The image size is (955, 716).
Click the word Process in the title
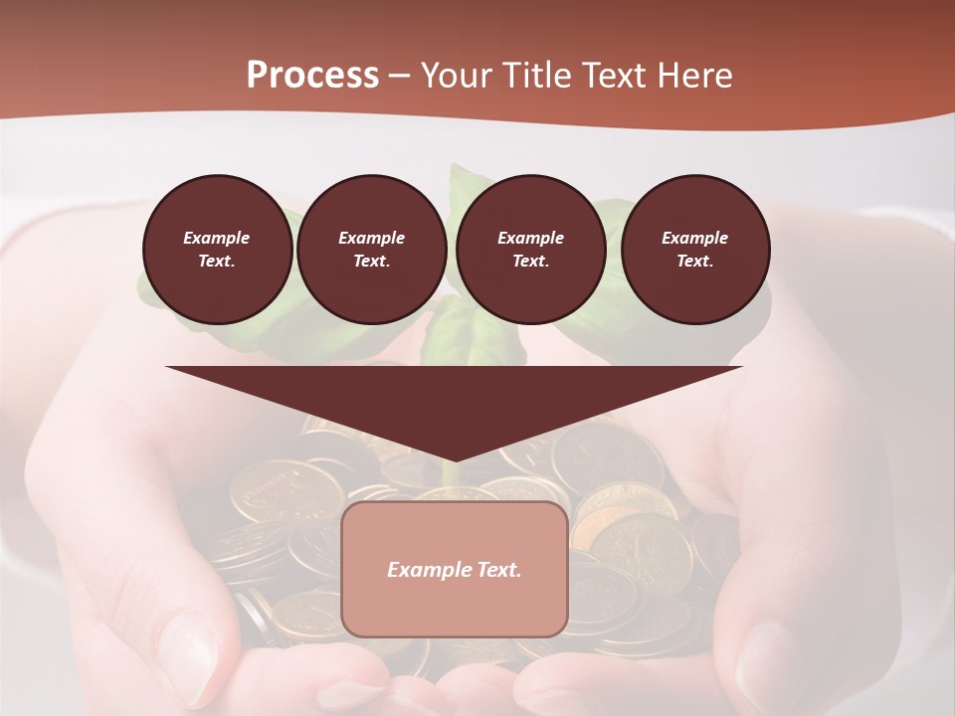pos(312,76)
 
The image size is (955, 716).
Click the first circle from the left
pos(217,250)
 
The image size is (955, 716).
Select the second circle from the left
pos(371,250)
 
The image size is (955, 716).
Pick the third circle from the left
pos(530,250)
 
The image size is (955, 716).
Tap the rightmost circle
pos(694,250)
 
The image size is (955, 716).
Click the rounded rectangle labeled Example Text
pos(454,569)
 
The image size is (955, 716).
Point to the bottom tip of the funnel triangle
pos(454,459)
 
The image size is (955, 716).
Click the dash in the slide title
pos(399,77)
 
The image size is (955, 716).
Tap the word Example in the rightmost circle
pos(694,238)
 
